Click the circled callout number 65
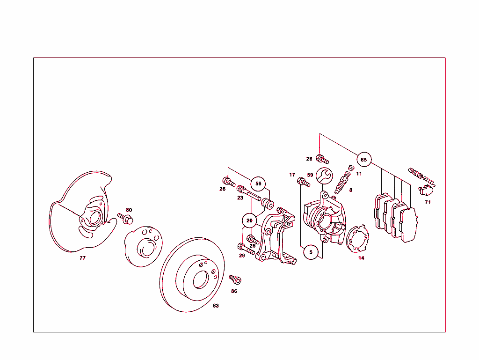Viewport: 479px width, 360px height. click(363, 160)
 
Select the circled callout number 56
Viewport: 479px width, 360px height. click(258, 184)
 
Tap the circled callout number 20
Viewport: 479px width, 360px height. click(249, 220)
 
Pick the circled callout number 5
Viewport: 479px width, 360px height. click(311, 252)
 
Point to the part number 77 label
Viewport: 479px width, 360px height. click(83, 258)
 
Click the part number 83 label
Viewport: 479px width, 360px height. click(216, 306)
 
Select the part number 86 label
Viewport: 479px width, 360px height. click(234, 291)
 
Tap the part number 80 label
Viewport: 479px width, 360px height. click(129, 210)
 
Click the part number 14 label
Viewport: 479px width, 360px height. click(361, 258)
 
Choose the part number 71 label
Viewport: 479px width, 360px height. click(428, 202)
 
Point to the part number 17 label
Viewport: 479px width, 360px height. click(292, 175)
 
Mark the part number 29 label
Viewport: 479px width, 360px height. click(242, 256)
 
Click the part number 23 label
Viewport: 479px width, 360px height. click(240, 198)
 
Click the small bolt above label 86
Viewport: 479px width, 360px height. click(235, 279)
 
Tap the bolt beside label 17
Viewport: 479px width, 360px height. click(304, 183)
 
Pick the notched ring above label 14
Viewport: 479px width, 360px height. click(358, 239)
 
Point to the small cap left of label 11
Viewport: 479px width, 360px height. click(351, 169)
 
